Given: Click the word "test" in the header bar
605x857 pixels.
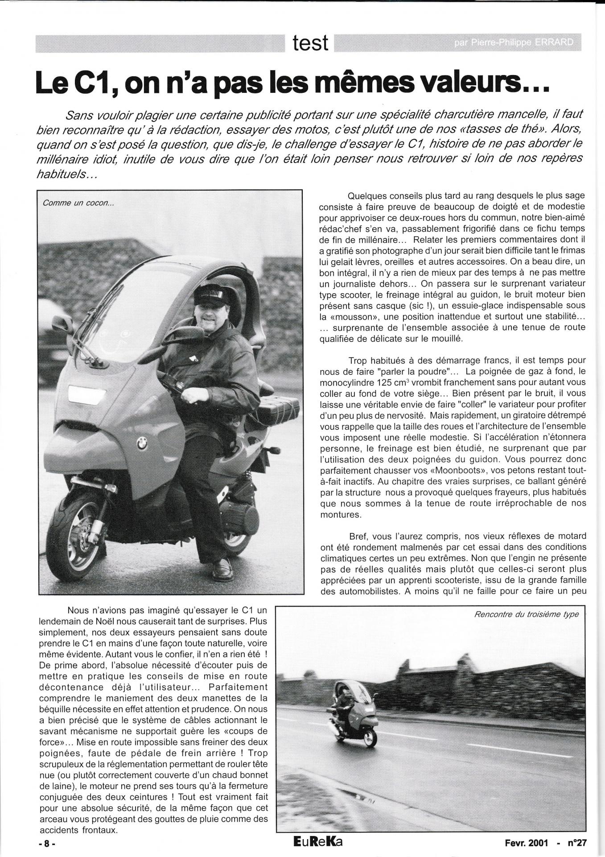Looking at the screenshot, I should pos(311,43).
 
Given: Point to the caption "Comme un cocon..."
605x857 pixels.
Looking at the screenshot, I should pos(78,203).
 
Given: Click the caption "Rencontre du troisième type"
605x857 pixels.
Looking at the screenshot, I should pos(527,614).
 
